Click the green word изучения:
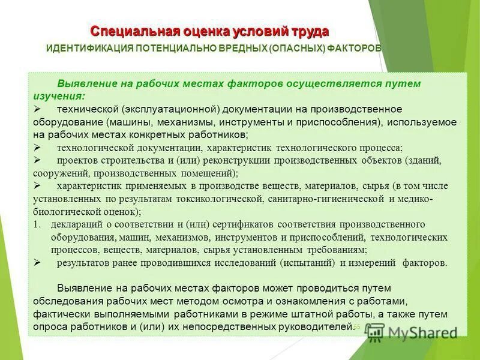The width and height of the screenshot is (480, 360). (x=59, y=95)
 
